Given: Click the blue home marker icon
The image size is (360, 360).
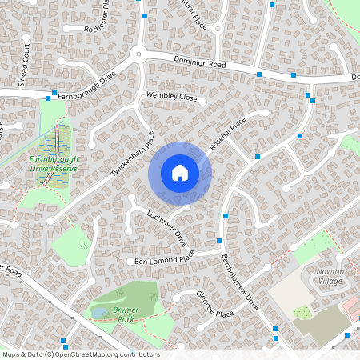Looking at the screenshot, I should coord(180,173).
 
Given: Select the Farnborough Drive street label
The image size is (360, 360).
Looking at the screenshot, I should coord(87,86).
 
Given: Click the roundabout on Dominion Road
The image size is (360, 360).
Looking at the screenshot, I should coord(138,54).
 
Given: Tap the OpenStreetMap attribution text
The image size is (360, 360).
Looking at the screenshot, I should coord(81,354).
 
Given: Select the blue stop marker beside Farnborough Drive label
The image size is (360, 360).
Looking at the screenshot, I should coord(54,94).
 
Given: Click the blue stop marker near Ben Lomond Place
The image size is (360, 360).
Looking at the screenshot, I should coord(218,240).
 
